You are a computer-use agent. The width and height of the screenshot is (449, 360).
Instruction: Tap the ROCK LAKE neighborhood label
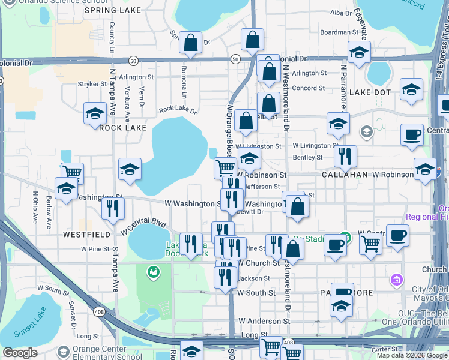tap(122, 128)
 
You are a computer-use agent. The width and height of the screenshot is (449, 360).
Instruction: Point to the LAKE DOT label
tap(370, 92)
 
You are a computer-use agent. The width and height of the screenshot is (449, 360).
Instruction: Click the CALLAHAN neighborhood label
tap(345, 174)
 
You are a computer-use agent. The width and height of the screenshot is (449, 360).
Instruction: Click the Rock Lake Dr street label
tap(178, 110)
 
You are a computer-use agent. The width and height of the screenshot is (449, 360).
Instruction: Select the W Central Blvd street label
tap(143, 227)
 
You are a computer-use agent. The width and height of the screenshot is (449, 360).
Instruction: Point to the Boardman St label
tap(334, 32)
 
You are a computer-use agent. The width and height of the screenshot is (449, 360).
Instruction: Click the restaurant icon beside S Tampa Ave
tap(113, 208)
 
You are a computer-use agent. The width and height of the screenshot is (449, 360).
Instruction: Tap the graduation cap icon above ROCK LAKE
tap(95, 113)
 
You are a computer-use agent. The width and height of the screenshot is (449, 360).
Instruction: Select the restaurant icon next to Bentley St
tap(345, 156)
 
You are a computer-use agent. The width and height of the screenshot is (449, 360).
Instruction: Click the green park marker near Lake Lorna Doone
tap(154, 272)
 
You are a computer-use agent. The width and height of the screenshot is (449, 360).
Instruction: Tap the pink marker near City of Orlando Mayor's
tap(396, 280)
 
